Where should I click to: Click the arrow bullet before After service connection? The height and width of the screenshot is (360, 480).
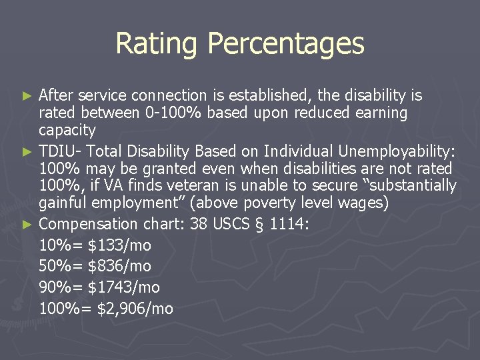click(x=28, y=96)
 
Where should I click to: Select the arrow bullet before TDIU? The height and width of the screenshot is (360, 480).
click(x=28, y=151)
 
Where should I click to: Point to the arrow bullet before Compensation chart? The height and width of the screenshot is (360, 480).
click(x=28, y=224)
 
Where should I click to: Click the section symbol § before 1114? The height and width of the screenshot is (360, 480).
click(x=260, y=223)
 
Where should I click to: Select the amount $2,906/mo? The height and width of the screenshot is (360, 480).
click(x=135, y=309)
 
